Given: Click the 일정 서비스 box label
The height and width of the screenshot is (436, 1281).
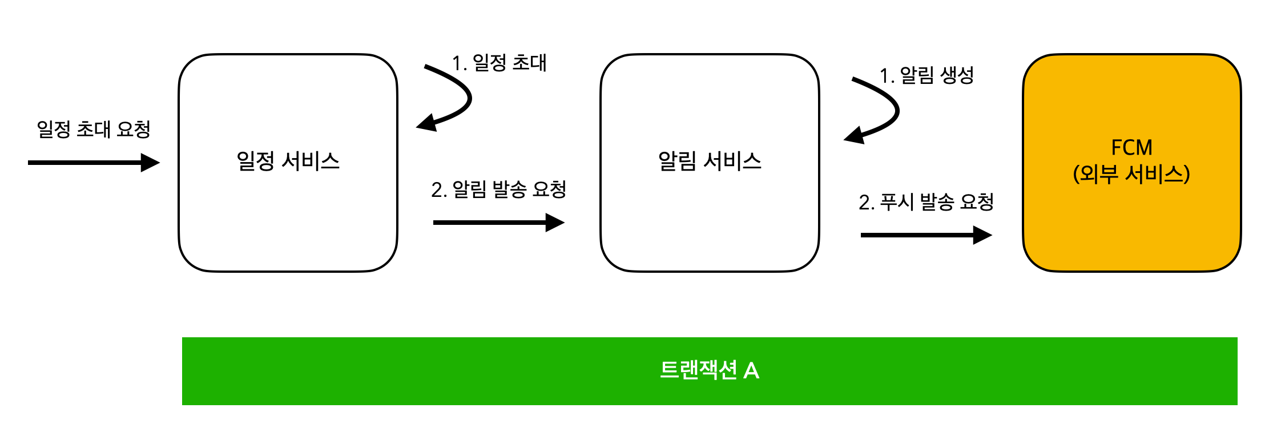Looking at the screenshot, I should coord(288,162).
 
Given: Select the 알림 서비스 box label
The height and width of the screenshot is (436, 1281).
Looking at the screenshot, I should coord(710,162).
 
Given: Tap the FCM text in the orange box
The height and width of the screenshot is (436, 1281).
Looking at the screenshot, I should coord(1131,148).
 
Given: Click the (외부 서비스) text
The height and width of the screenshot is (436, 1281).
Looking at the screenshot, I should coord(1131,174).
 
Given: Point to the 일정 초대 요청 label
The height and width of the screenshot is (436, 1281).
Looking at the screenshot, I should coord(94,130).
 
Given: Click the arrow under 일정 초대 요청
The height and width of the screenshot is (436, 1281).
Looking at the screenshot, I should coord(91,163).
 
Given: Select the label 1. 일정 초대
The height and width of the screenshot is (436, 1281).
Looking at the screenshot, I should coord(499,63).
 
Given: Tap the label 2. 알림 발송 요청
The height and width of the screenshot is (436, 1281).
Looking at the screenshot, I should coord(498,189).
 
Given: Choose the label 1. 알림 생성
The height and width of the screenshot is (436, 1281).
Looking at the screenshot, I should coord(926,75).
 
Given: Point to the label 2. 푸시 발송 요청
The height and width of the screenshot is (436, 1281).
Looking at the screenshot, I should coord(926,202).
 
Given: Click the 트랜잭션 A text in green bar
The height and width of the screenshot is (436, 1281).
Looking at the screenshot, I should coord(709,370).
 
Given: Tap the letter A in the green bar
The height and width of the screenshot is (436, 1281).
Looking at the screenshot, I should coord(751,371).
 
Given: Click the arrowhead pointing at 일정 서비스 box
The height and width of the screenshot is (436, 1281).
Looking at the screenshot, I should coord(150,163).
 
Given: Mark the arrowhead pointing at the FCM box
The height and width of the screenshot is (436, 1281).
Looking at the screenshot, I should coord(982,235).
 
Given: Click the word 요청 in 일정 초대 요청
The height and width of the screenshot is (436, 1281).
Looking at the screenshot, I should coord(134,130).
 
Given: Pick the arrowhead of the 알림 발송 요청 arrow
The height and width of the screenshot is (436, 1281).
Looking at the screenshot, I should coord(555,223).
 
